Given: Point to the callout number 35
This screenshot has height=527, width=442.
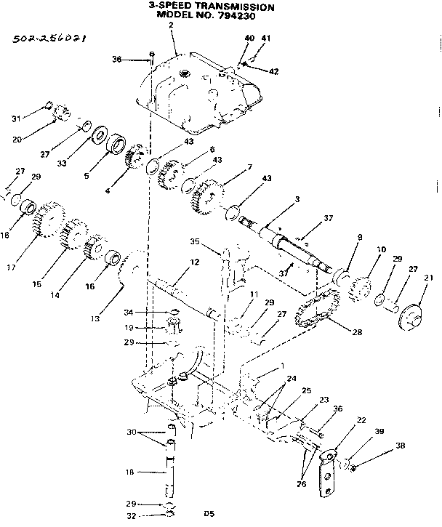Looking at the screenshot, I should [214, 243].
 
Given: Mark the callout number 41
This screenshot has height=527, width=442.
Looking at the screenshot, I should [266, 38].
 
